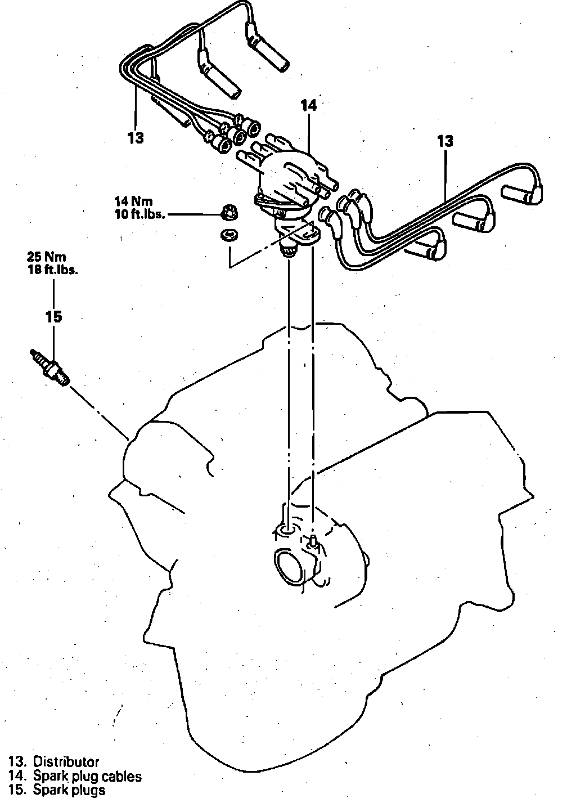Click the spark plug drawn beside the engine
click(51, 367)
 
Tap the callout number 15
click(53, 317)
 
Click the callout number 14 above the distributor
click(308, 105)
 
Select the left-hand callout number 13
click(136, 137)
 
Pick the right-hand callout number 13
click(444, 141)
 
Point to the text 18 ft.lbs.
click(52, 269)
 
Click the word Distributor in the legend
click(66, 762)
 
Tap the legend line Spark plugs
click(69, 790)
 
